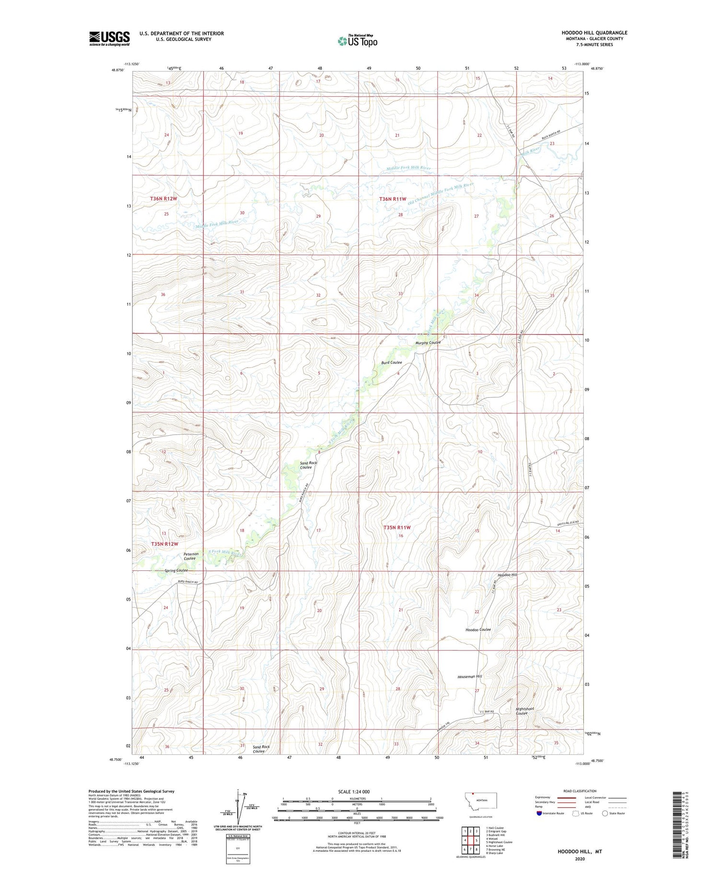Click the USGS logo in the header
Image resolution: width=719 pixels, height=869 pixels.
point(109,38)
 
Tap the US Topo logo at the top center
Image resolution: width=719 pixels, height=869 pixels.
point(357,41)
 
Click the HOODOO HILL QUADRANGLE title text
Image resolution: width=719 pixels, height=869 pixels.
point(594,33)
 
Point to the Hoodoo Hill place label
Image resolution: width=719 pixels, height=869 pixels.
point(508,575)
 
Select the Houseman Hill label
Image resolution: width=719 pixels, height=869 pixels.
point(469,676)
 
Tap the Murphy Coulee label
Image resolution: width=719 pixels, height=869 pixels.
point(428,343)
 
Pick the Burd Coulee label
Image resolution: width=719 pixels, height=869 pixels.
point(391,362)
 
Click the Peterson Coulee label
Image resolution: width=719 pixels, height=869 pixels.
point(191,556)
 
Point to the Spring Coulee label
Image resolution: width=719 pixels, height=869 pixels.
point(176,570)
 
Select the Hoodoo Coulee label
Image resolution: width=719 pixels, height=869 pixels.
point(478,629)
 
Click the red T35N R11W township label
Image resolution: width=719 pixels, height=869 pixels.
point(397,527)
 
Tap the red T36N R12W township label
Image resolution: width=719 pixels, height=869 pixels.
point(163,198)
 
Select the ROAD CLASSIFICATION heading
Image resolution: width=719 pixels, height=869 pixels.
point(580,791)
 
